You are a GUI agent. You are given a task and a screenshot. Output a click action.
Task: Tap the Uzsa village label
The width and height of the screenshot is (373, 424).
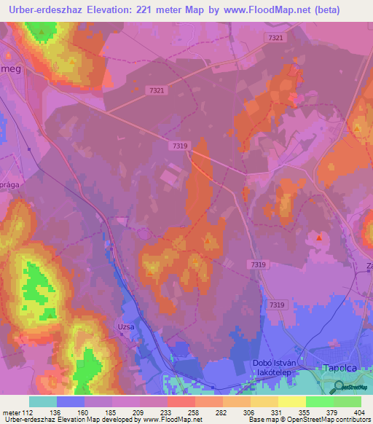pos(126,327)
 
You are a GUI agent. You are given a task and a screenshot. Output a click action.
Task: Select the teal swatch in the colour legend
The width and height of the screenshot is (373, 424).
pos(42,401)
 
